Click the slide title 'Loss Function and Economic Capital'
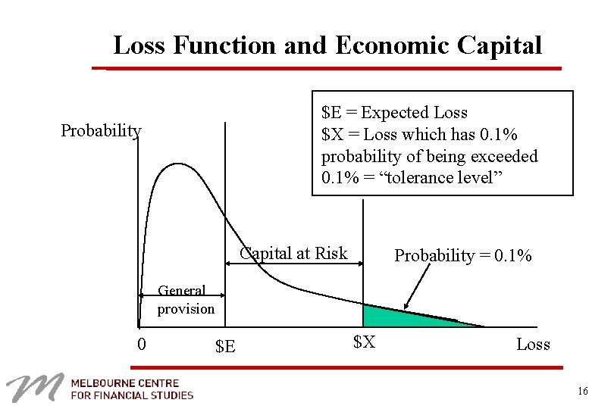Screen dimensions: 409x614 [x=327, y=45]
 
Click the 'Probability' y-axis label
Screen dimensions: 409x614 [x=101, y=131]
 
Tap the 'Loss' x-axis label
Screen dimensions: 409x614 [x=533, y=345]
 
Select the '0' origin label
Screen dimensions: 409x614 [x=142, y=345]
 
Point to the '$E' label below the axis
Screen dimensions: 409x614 [x=225, y=347]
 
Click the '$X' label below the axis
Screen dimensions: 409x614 [x=364, y=342]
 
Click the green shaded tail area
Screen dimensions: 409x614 [x=394, y=317]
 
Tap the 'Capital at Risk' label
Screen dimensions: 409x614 [x=293, y=254]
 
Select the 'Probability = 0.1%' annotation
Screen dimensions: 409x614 [x=462, y=256]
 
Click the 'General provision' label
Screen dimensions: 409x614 [x=186, y=300]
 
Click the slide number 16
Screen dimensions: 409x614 [x=582, y=391]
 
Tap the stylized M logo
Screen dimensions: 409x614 [x=34, y=388]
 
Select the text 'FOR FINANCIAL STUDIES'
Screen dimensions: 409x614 [x=133, y=395]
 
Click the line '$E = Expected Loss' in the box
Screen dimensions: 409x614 [x=394, y=113]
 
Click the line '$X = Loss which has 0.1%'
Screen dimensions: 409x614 [x=419, y=135]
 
